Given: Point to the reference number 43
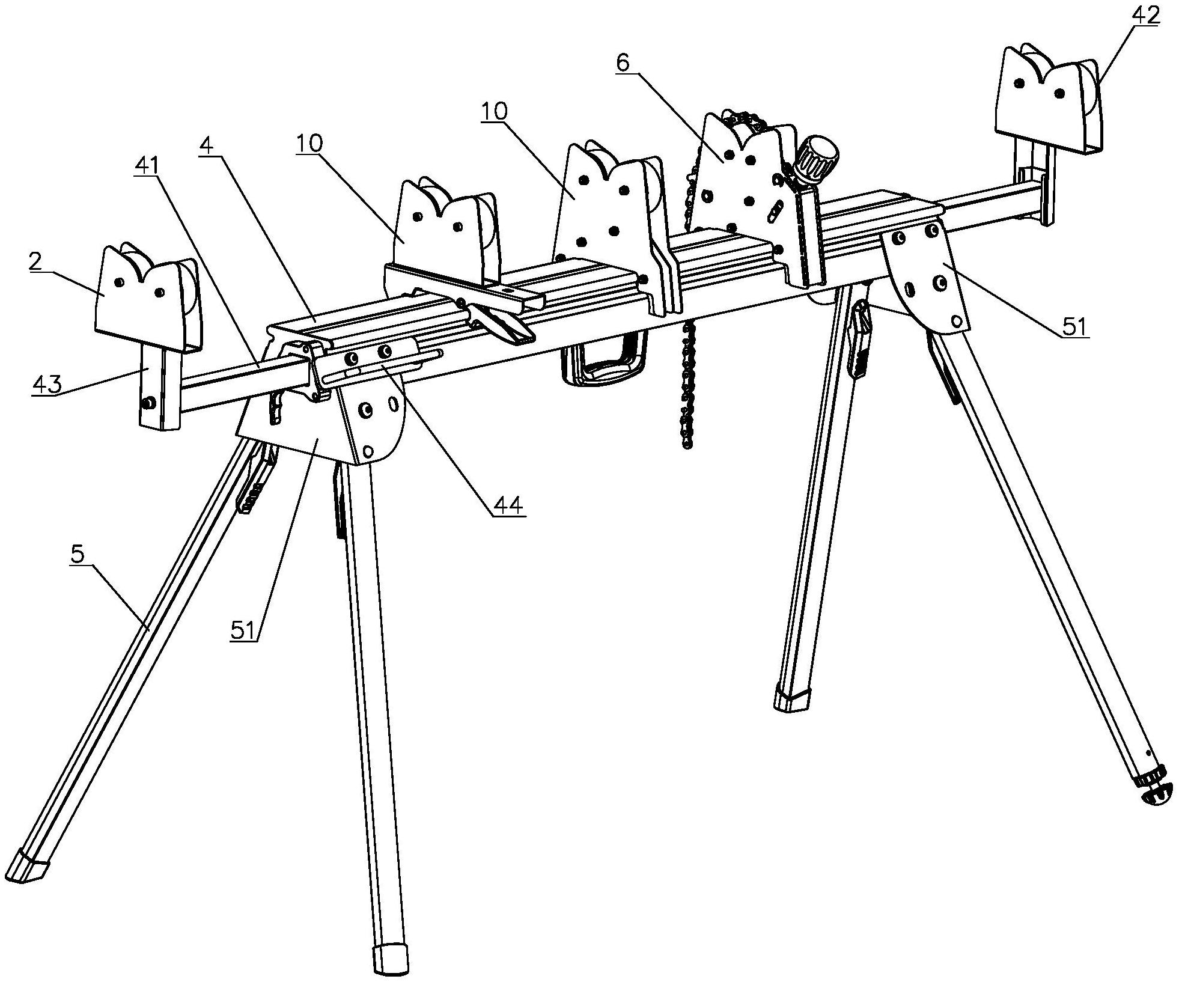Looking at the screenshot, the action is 46,383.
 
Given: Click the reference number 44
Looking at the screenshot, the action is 508,504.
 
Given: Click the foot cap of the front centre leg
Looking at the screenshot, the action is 390,963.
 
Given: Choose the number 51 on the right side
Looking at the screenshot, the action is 1074,328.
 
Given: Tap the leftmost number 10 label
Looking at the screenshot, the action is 309,143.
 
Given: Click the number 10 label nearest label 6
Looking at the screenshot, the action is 494,111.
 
